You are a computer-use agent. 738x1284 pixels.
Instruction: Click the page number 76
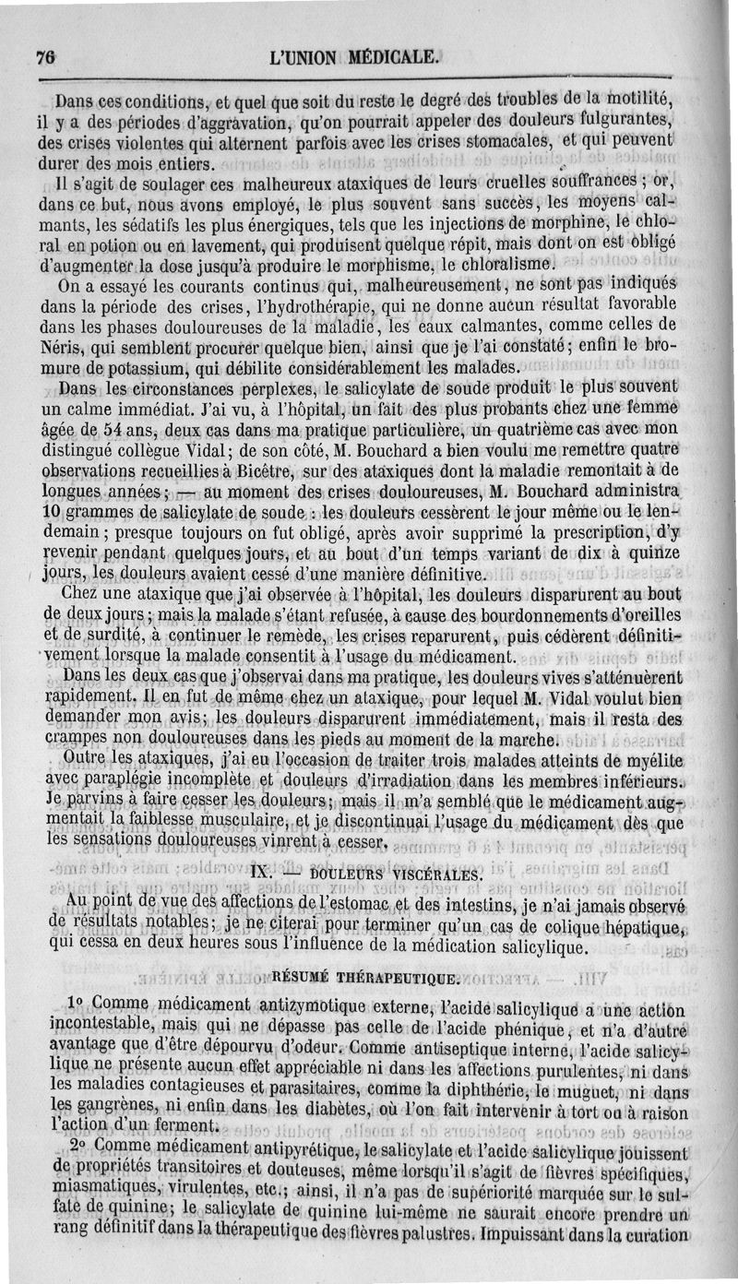[45, 56]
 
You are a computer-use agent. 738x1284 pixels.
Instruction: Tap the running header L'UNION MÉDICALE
[353, 56]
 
